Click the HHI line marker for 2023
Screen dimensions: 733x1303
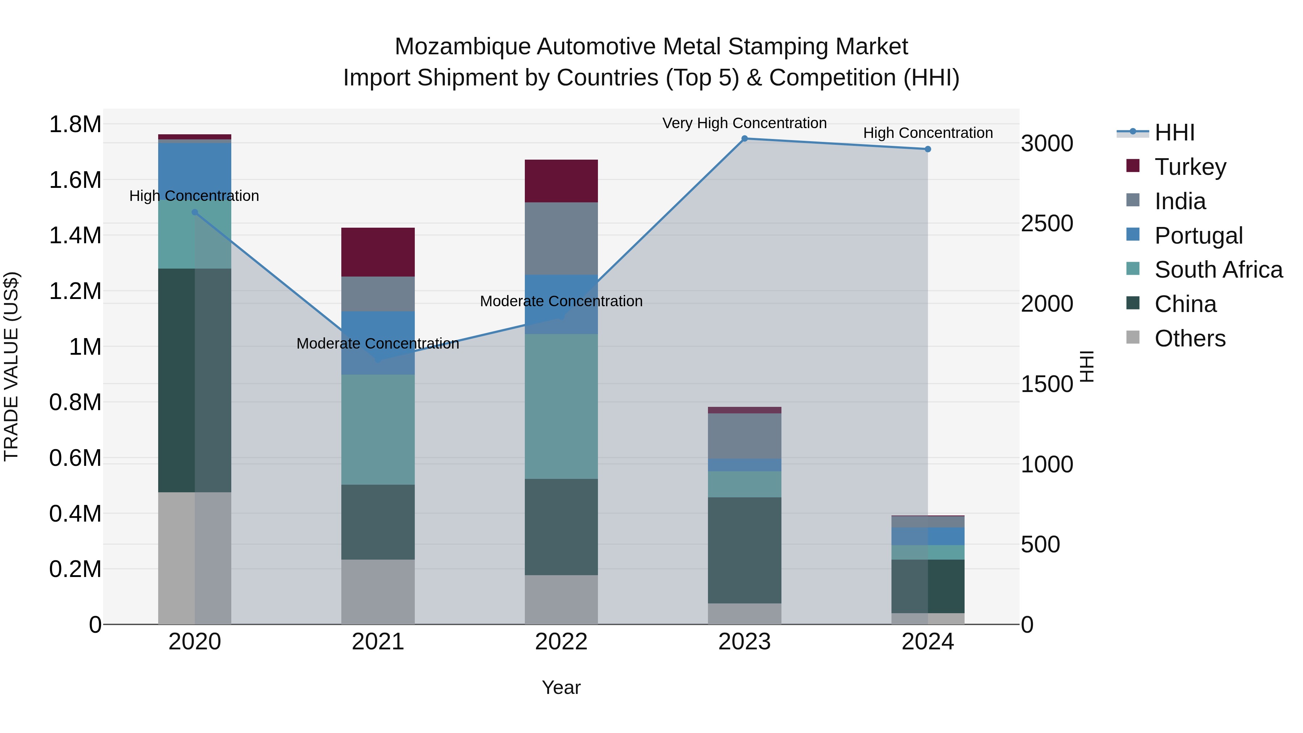pos(744,139)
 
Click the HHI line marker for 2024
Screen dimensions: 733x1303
pos(928,149)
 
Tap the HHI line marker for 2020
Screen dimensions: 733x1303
pos(195,212)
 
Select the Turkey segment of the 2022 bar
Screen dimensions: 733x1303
pos(561,181)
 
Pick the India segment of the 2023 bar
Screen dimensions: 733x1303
pos(744,436)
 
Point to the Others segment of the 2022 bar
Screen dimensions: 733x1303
pos(561,599)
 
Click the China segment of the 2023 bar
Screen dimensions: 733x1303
pos(744,550)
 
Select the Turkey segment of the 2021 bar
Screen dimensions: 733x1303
pos(378,252)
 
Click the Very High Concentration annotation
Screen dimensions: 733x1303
pos(744,123)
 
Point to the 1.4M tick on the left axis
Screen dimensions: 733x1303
pos(75,236)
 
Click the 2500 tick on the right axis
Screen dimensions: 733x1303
pos(1046,224)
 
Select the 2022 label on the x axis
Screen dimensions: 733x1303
pos(561,642)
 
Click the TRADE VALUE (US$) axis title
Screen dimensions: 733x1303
pos(11,366)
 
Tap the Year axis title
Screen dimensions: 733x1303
pos(561,687)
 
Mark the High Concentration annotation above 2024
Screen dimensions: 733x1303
pos(928,133)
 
